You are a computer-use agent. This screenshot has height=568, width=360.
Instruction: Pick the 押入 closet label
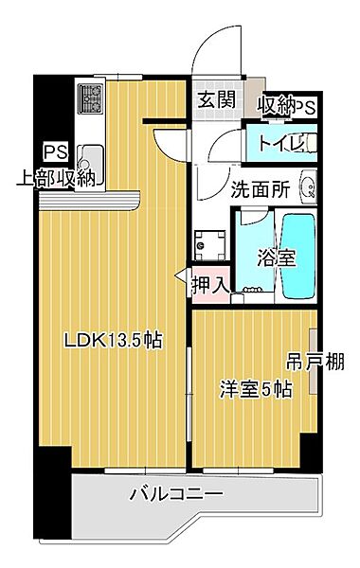(x=210, y=283)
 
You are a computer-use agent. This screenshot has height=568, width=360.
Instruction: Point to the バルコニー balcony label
(x=176, y=494)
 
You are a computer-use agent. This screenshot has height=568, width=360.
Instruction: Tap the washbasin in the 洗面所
(x=307, y=187)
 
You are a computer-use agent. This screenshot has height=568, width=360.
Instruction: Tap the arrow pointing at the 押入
(x=182, y=281)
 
